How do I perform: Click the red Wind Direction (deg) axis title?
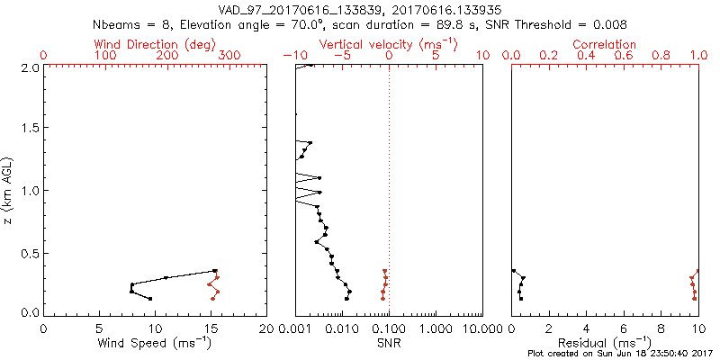point(156,44)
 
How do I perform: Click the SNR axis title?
point(389,342)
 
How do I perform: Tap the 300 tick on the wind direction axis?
point(230,56)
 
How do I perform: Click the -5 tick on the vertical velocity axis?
point(342,56)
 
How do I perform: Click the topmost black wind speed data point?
point(215,270)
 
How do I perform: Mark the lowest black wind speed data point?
point(150,299)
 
